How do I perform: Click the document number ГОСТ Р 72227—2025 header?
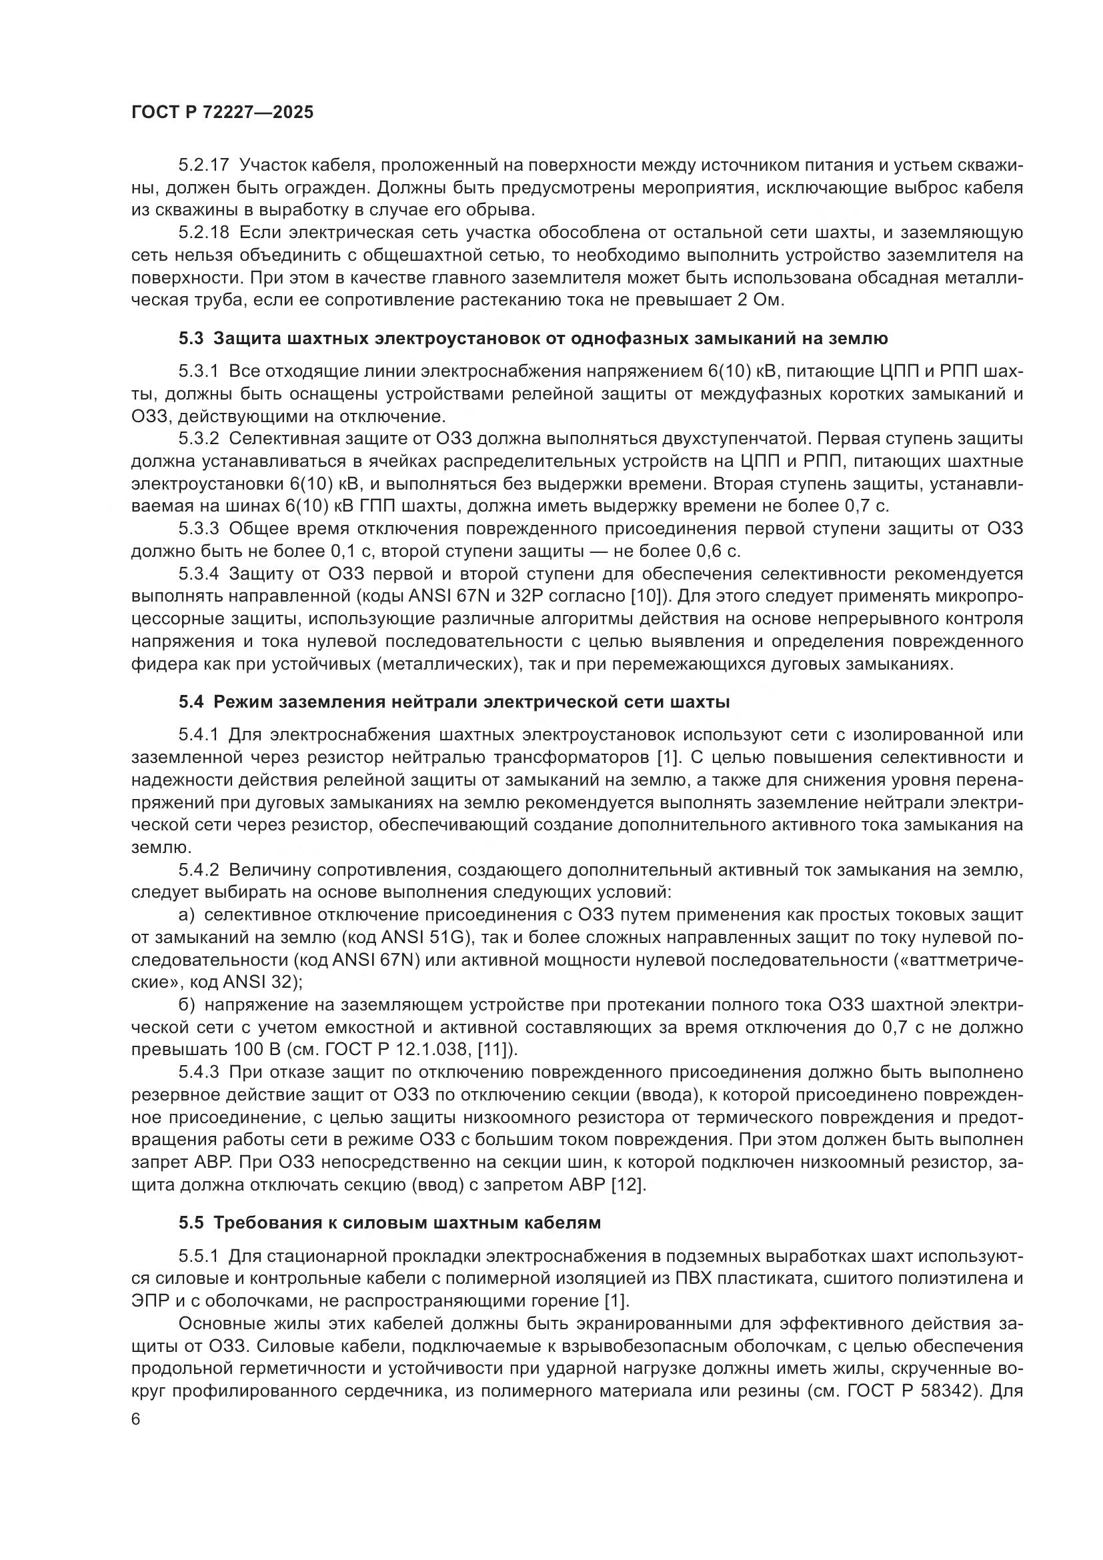tap(222, 113)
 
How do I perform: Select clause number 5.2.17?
tap(198, 165)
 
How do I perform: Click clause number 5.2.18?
tap(198, 232)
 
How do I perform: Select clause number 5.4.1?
tap(198, 734)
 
